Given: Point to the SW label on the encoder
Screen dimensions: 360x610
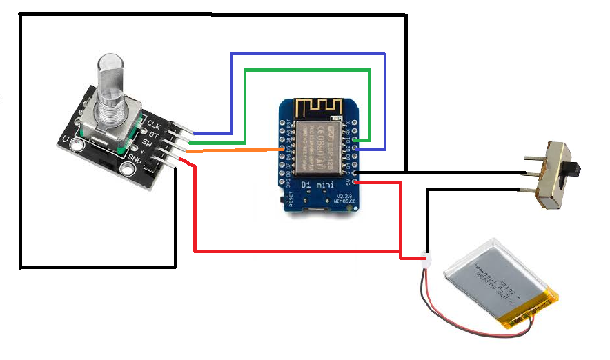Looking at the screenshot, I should (147, 142).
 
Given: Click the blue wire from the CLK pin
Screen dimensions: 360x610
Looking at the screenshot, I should (307, 53).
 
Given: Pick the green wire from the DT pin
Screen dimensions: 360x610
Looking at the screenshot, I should (307, 69).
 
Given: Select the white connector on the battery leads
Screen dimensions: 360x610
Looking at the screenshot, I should (426, 261).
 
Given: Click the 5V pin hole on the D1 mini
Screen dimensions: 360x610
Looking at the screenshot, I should (355, 182).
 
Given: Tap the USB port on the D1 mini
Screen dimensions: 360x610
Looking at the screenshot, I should (319, 208).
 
